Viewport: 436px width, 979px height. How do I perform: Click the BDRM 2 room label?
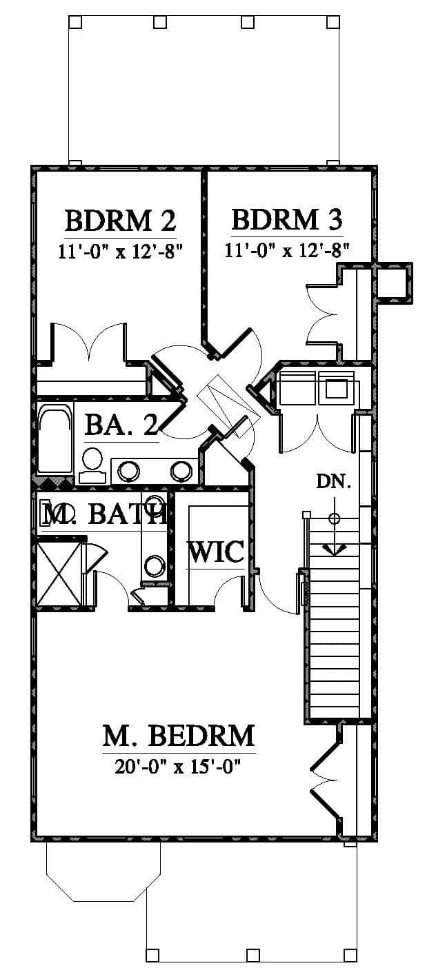[120, 221]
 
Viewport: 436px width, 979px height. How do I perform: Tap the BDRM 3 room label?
[287, 219]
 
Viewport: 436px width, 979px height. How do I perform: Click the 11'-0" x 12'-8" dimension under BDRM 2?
[120, 252]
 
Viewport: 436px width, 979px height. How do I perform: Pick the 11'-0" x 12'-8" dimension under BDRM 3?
[287, 250]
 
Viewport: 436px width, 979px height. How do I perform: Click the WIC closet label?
[216, 552]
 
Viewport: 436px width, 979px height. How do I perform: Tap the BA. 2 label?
[121, 425]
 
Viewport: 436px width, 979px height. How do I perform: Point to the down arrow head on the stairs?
[335, 550]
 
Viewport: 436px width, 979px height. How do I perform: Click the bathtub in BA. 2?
[55, 438]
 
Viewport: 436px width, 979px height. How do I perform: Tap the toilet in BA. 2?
[92, 465]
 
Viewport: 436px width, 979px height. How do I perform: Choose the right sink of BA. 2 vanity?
[181, 470]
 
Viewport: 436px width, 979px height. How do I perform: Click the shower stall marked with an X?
[59, 573]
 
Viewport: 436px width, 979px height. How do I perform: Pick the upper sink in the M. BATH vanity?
[154, 502]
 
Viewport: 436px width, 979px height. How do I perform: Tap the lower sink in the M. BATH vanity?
[154, 566]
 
